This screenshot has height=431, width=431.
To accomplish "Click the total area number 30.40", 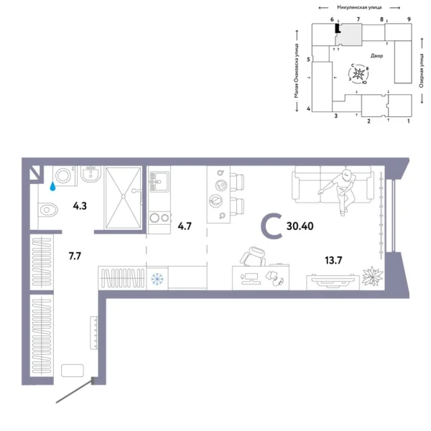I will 301,225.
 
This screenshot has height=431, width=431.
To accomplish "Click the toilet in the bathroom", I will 47,210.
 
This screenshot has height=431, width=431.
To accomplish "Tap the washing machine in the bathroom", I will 64,175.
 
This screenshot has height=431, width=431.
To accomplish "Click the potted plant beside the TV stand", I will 372,277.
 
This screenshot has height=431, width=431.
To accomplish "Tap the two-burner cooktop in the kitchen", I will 159,218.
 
